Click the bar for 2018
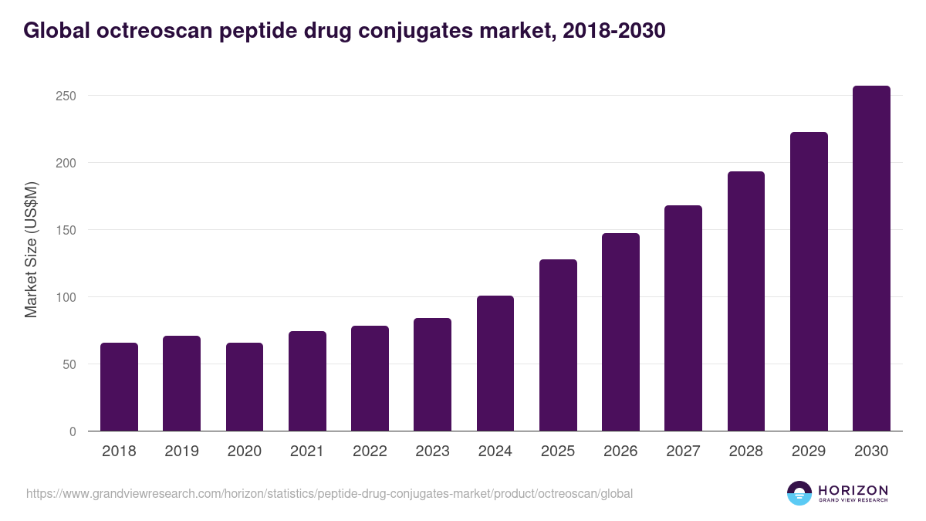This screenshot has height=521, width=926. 119,387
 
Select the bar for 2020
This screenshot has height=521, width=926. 245,387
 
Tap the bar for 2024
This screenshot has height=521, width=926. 495,363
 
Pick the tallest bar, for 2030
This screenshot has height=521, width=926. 871,258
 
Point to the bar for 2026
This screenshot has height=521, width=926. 620,332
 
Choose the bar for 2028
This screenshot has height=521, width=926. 746,301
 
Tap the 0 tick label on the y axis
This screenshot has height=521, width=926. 73,431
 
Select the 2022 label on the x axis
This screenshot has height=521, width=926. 370,452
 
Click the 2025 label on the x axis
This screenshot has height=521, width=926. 558,452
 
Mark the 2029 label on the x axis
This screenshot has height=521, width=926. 809,452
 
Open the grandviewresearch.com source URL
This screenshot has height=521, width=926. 330,494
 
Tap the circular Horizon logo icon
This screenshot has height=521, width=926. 799,493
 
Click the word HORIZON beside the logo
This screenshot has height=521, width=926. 853,490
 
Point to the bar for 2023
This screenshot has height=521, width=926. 432,374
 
